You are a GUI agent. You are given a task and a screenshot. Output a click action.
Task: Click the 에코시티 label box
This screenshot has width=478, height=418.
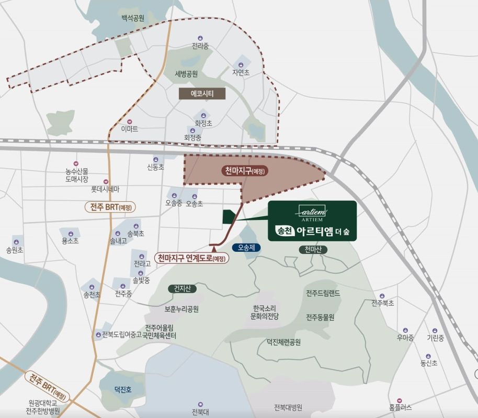coord(202,94)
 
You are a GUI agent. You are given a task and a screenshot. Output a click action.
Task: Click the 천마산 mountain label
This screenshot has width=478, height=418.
coord(313,250)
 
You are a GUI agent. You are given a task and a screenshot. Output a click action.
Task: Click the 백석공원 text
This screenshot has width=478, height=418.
coord(133,18)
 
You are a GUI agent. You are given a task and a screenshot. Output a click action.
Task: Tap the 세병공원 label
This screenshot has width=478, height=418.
coord(187,74)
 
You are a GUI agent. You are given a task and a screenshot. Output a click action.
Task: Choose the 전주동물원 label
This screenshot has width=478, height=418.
coord(320,317)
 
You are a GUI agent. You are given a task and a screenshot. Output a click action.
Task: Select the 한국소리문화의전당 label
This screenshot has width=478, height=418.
coord(265,312)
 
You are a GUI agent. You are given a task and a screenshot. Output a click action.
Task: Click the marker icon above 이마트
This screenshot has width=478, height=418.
coord(130,121)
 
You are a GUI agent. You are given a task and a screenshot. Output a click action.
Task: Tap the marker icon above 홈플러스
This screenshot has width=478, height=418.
coord(400,400)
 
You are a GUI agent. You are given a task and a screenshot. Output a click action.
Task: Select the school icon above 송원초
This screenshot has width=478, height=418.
coord(16,242)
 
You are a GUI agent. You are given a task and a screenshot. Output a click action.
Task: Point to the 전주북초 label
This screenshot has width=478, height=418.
coord(383,303)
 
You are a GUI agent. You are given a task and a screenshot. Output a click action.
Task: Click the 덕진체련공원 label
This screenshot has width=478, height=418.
coord(283,342)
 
